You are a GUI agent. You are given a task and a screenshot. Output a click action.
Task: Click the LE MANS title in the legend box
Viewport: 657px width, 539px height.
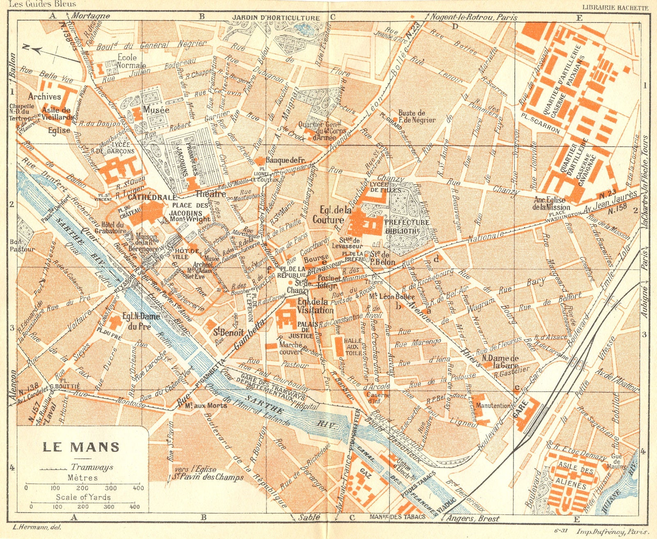pyautogui.click(x=81, y=446)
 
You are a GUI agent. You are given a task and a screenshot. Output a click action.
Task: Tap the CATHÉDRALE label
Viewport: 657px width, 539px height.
pyautogui.click(x=146, y=197)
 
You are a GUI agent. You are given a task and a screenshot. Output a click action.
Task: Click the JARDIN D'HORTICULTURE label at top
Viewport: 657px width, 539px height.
pyautogui.click(x=276, y=18)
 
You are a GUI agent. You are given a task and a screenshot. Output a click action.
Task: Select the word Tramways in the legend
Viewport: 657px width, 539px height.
pyautogui.click(x=92, y=467)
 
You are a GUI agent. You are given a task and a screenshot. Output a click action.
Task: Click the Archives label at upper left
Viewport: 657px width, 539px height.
pyautogui.click(x=44, y=97)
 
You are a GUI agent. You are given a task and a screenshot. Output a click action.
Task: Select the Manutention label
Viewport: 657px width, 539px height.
pyautogui.click(x=493, y=406)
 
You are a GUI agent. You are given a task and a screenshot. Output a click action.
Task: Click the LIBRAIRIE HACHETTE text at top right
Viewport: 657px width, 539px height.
pyautogui.click(x=615, y=8)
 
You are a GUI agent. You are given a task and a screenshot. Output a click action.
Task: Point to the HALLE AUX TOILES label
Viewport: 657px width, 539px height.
pyautogui.click(x=353, y=347)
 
